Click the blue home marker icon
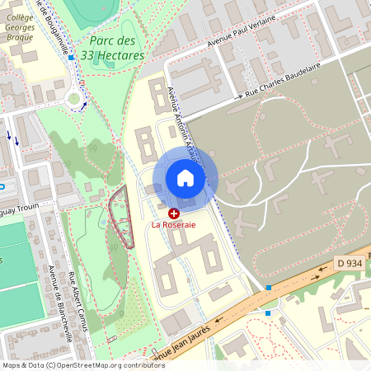point(185,178)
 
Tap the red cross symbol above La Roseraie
point(174,213)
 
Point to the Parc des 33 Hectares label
point(115,48)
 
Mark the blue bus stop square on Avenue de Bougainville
point(72,58)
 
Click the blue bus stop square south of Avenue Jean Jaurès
point(268,313)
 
